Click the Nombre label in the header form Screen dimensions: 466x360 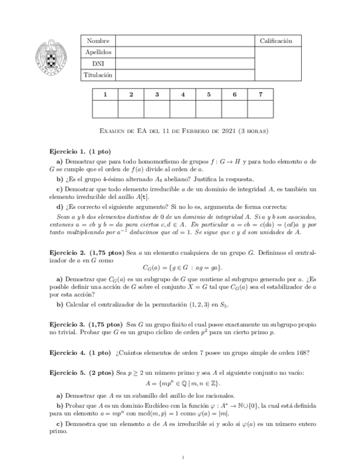pyautogui.click(x=98, y=41)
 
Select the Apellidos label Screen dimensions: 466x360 pyautogui.click(x=98, y=52)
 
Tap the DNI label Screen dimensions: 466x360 pyautogui.click(x=98, y=64)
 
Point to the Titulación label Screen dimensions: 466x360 pyautogui.click(x=98, y=75)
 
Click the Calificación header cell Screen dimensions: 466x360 pyautogui.click(x=276, y=41)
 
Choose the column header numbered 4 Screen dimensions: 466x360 pyautogui.click(x=183, y=95)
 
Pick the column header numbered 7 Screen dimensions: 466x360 pyautogui.click(x=261, y=95)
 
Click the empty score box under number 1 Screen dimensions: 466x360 pyautogui.click(x=105, y=109)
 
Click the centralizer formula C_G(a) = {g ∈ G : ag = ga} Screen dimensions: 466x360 pyautogui.click(x=182, y=268)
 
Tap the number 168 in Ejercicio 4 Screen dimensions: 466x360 pyautogui.click(x=302, y=352)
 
